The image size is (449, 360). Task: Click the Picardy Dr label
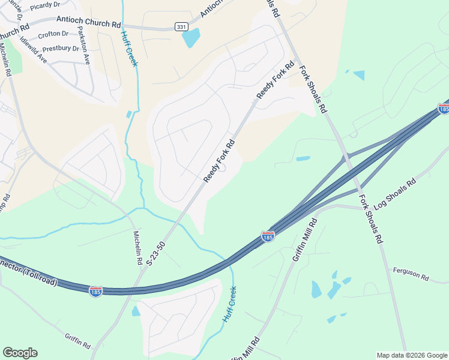tap(46, 5)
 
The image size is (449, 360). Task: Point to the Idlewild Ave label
tap(33, 49)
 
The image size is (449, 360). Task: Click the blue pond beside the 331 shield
tap(191, 37)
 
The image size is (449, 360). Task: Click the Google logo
tap(20, 353)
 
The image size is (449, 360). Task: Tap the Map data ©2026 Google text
tap(412, 355)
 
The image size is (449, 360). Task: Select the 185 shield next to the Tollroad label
tap(95, 291)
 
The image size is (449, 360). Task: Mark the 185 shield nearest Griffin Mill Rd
tap(268, 236)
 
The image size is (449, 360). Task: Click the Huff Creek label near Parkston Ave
tap(127, 48)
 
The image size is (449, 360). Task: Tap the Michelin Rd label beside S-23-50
tap(136, 248)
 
